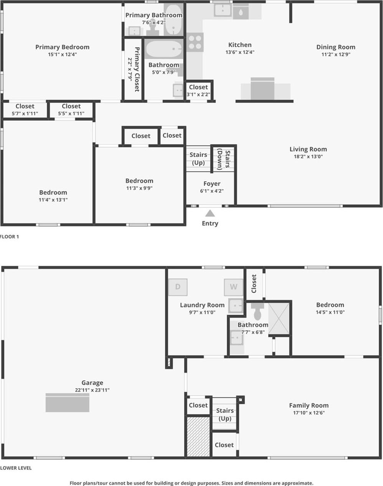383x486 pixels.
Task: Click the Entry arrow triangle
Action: [210, 213]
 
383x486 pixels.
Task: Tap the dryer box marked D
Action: [178, 287]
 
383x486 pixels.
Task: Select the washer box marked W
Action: [233, 287]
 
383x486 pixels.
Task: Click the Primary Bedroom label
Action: [62, 47]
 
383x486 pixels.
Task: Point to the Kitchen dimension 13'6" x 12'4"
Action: [240, 52]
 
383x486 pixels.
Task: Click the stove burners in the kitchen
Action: [195, 42]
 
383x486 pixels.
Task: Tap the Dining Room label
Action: [336, 47]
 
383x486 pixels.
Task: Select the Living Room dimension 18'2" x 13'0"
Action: [308, 156]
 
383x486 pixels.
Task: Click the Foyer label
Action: [212, 184]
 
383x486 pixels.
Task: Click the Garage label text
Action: [92, 383]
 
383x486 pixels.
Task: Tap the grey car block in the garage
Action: [68, 403]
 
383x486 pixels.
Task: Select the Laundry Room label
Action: [202, 305]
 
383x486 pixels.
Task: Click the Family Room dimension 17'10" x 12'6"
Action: [309, 413]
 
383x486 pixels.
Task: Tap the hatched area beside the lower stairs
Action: [198, 437]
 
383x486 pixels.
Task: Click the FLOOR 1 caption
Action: [10, 236]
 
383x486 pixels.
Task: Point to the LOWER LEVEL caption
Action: [16, 468]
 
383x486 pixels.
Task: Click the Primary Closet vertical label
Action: [137, 69]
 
